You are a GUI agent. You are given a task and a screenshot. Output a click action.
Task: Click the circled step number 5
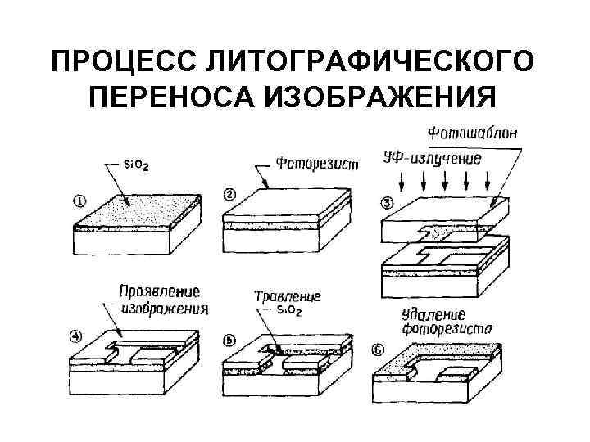pyautogui.click(x=229, y=339)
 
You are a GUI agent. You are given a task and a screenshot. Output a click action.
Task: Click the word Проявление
pyautogui.click(x=159, y=291)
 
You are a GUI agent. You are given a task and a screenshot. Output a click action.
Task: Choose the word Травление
pyautogui.click(x=288, y=297)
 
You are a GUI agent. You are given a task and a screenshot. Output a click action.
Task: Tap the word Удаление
pyautogui.click(x=434, y=313)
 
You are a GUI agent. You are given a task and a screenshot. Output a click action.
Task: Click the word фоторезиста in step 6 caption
pyautogui.click(x=447, y=329)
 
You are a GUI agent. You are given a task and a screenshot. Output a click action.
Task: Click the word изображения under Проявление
pyautogui.click(x=164, y=309)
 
